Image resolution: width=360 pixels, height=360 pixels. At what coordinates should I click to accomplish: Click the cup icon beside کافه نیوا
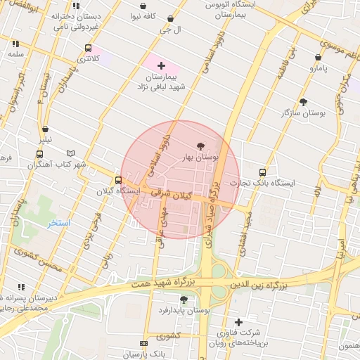click(x=143, y=6)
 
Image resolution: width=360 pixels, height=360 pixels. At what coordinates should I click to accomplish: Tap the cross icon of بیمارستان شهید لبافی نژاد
click(x=162, y=65)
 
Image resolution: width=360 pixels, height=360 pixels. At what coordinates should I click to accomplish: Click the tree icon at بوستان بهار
click(x=202, y=146)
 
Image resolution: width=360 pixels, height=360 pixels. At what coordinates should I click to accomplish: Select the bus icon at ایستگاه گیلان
click(x=117, y=180)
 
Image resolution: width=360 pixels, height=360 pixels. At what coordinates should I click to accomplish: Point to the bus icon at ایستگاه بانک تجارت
click(x=263, y=172)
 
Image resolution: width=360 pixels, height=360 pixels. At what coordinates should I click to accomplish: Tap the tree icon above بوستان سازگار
click(x=303, y=102)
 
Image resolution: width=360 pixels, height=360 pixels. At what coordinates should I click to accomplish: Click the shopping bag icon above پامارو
click(x=318, y=58)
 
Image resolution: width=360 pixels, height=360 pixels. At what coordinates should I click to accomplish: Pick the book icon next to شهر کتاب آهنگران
click(x=70, y=153)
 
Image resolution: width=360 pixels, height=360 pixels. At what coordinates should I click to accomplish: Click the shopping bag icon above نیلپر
click(x=45, y=129)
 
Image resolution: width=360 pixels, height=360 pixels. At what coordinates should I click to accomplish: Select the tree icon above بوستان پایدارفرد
click(x=184, y=299)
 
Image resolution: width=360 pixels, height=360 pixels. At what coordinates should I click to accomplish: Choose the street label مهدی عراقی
click(x=160, y=231)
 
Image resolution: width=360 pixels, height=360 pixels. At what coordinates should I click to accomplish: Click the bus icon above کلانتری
click(x=87, y=49)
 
